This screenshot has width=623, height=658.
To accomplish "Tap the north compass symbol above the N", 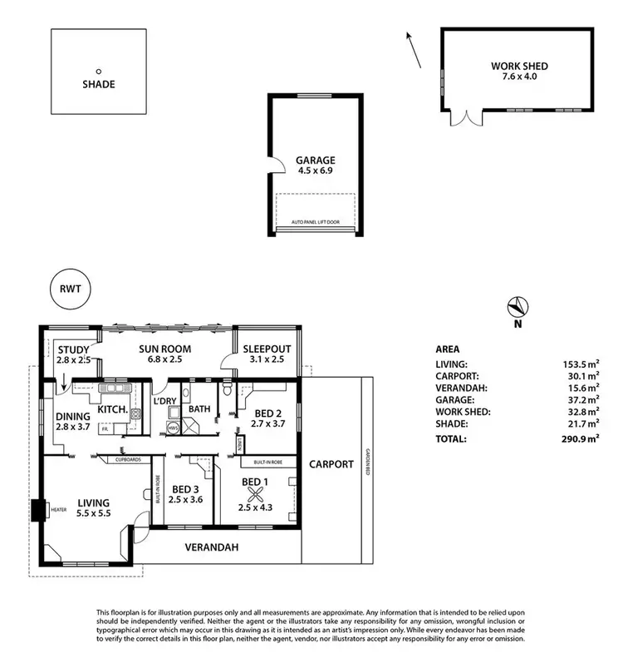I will point(517,306).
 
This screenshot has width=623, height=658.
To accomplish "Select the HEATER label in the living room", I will point(59,509).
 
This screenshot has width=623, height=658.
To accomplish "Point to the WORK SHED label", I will point(519,66).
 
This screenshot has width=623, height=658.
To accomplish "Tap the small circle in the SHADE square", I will point(98,72).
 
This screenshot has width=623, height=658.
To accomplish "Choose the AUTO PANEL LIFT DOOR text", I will point(315,223).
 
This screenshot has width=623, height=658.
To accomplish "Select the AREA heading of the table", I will point(447,349).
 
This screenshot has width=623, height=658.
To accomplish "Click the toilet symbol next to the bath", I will point(226,389).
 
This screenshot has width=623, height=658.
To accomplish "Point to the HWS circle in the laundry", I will point(173,428).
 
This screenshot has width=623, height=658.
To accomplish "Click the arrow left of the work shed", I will point(413,51).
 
